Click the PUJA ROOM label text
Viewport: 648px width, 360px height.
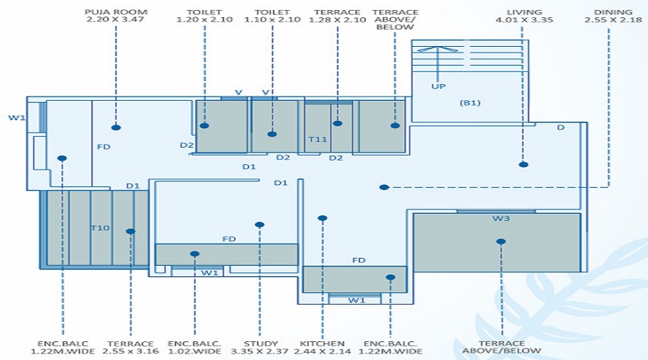(114, 17)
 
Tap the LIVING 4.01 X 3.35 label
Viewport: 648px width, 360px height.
(523, 17)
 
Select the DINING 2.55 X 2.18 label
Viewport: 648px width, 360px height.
(613, 17)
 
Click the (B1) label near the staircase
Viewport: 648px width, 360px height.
(469, 103)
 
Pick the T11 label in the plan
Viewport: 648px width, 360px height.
(317, 139)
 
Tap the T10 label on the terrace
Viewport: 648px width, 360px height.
(99, 228)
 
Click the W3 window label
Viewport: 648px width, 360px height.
(502, 218)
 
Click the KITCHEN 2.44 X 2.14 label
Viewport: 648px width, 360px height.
(322, 348)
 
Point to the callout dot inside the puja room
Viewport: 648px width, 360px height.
(116, 127)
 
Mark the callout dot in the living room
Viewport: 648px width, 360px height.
(523, 164)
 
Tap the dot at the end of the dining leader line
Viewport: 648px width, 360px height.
(384, 187)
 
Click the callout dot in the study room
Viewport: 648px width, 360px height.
(260, 225)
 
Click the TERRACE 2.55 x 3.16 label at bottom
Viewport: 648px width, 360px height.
(130, 348)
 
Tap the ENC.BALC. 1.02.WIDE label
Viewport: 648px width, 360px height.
(194, 348)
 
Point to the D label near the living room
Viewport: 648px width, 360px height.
(560, 128)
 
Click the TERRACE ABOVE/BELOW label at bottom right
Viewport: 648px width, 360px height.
(502, 348)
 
